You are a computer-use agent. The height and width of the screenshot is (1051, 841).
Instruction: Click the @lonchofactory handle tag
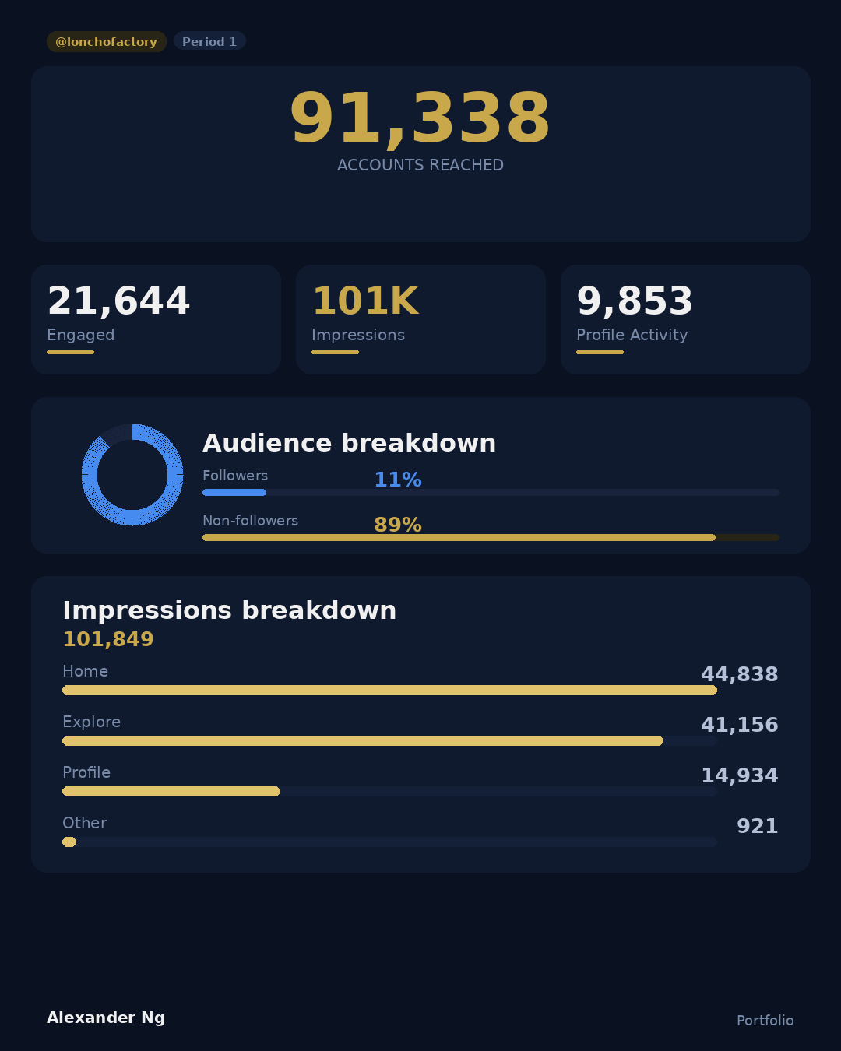click(x=106, y=42)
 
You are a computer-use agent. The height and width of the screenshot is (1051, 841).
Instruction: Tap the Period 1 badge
click(x=209, y=41)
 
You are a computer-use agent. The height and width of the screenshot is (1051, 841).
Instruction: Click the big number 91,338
click(x=420, y=119)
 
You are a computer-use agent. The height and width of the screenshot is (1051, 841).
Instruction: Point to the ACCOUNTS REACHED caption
click(x=420, y=165)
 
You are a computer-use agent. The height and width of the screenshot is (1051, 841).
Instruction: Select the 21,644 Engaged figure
click(x=118, y=301)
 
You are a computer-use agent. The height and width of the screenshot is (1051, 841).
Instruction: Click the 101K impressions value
click(x=365, y=301)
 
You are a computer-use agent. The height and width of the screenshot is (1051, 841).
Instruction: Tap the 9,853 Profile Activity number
click(x=634, y=301)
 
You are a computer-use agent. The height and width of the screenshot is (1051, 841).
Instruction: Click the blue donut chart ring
click(x=90, y=475)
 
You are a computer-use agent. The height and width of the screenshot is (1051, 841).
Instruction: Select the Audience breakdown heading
click(x=349, y=443)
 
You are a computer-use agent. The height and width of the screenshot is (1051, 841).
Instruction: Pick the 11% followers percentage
click(x=397, y=480)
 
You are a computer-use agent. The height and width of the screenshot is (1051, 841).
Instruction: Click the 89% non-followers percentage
click(x=397, y=525)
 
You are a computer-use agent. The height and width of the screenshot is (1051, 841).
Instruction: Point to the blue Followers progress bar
click(x=234, y=492)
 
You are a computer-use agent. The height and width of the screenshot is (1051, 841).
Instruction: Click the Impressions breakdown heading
click(x=229, y=610)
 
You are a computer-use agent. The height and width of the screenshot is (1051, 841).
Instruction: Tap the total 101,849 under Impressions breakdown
click(x=108, y=639)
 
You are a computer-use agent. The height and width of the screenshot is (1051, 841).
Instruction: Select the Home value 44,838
click(x=739, y=674)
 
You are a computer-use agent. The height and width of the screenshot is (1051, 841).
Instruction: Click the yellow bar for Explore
click(x=362, y=740)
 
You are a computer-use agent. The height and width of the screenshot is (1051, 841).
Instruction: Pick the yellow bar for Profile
click(x=171, y=791)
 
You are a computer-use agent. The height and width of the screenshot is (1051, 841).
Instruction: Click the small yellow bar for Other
click(x=69, y=842)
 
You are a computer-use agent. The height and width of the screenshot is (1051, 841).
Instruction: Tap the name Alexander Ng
click(x=106, y=1018)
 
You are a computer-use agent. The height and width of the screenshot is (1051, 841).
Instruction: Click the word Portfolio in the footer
click(x=765, y=1020)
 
